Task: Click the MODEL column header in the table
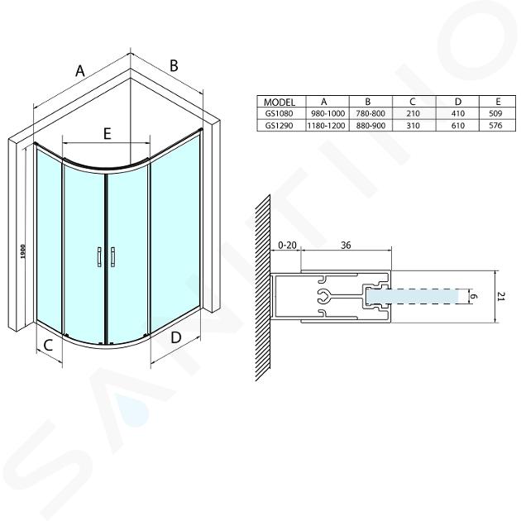point(280,102)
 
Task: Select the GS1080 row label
point(280,113)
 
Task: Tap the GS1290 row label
point(280,126)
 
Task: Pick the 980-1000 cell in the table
point(327,113)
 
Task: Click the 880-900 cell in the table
point(370,126)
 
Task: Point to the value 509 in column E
point(495,113)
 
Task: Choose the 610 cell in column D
point(458,126)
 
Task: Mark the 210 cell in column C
point(413,113)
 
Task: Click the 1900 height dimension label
point(22,252)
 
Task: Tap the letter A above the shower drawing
point(80,70)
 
